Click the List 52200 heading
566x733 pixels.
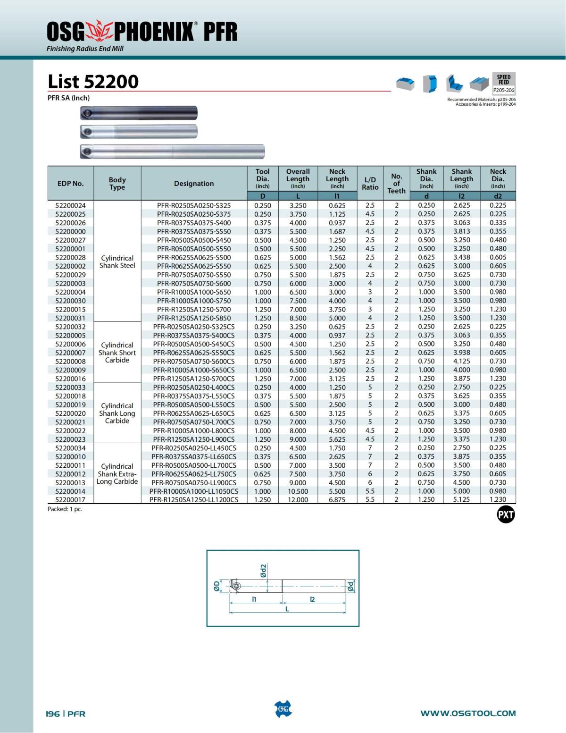93,82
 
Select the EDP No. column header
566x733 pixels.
70,184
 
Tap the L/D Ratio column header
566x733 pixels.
370,184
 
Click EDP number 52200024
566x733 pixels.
70,205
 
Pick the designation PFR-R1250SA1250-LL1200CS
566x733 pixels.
194,500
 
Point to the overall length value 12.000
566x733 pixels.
298,500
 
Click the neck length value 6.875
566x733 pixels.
337,500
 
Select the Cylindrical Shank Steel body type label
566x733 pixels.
117,262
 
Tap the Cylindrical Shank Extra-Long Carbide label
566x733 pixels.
117,474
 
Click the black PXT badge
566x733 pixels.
506,514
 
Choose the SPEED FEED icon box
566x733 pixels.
503,83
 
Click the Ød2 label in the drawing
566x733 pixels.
263,570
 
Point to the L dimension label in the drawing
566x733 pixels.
287,609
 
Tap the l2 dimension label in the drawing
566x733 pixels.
312,599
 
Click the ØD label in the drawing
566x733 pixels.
216,586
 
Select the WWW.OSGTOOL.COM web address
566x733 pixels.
468,713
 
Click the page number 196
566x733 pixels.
52,714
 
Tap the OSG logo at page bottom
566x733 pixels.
283,709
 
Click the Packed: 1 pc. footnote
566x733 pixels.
65,509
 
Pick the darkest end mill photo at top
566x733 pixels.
139,113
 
